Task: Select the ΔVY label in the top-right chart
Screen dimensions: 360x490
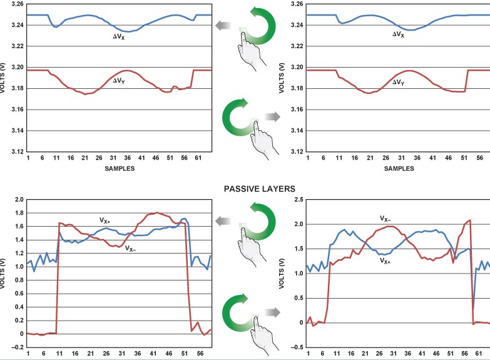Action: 399,81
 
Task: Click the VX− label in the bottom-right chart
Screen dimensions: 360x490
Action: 385,219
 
